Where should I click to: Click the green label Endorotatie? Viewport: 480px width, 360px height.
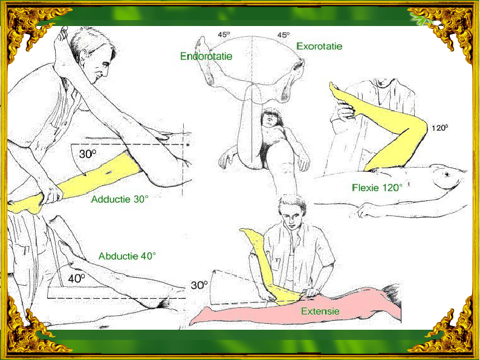click(x=206, y=56)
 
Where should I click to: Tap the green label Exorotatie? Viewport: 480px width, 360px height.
click(x=319, y=46)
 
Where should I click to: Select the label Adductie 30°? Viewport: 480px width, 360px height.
click(x=120, y=199)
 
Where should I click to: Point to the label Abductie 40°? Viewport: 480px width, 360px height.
click(x=127, y=256)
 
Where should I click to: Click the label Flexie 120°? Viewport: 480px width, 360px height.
click(x=377, y=188)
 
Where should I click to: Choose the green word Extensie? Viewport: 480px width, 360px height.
click(x=320, y=311)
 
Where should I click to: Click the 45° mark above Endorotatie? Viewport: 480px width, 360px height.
click(x=224, y=34)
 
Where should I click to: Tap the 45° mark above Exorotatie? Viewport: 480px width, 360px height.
click(x=284, y=35)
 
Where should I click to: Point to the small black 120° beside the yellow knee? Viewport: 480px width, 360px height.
click(x=439, y=128)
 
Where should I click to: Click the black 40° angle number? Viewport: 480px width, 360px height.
click(x=77, y=278)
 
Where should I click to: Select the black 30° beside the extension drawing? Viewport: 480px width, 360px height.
click(x=199, y=285)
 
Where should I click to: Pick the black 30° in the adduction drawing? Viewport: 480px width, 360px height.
click(x=88, y=154)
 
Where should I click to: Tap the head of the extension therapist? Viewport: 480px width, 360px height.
click(x=292, y=212)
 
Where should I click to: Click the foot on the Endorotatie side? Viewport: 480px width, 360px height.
click(x=204, y=58)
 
